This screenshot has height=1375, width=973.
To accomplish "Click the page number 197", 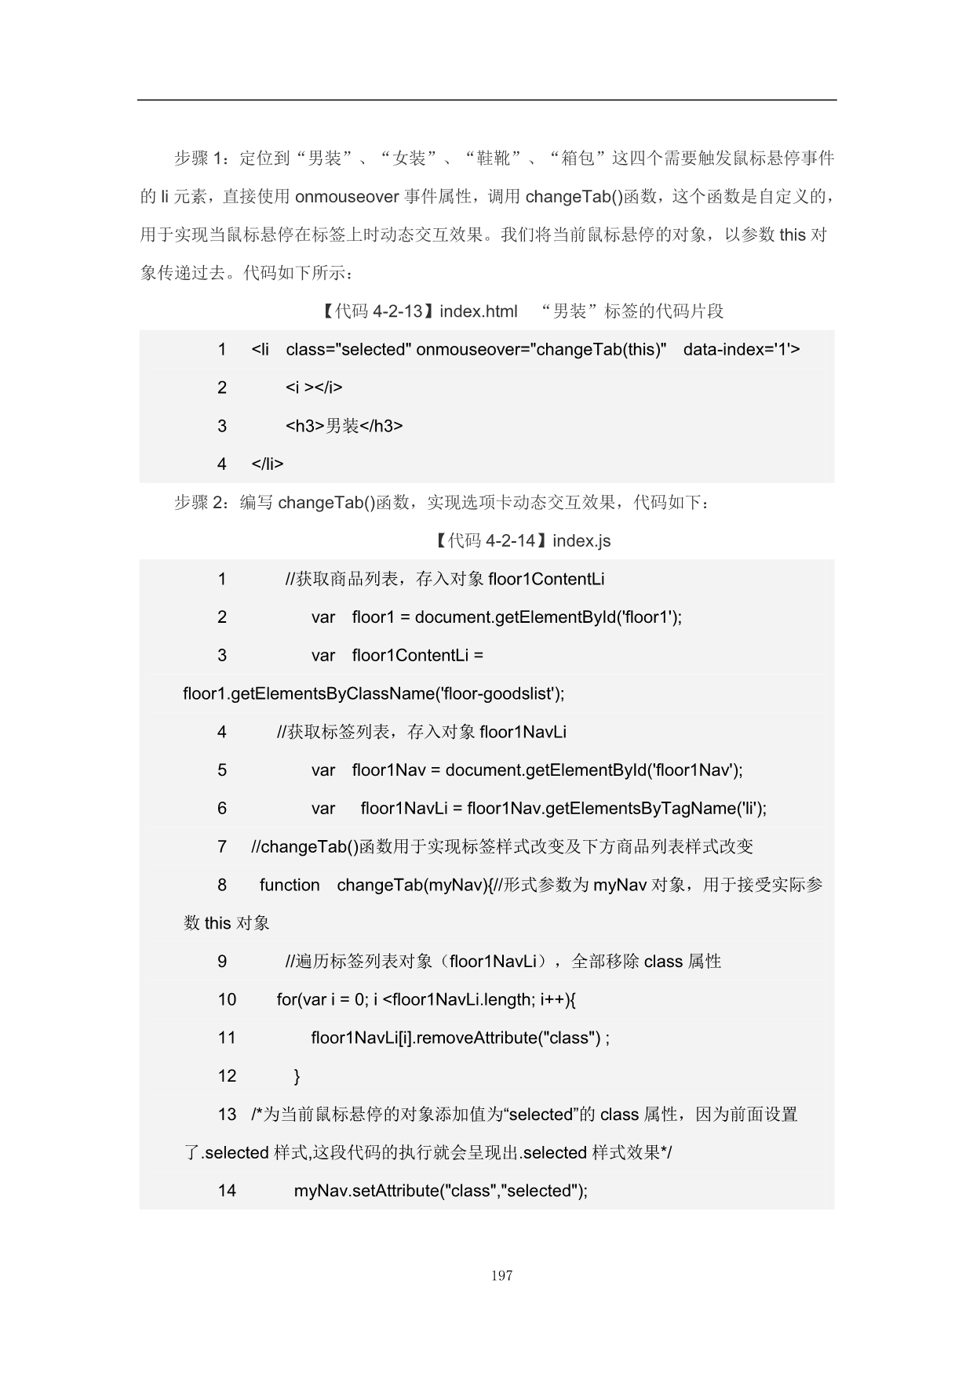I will pyautogui.click(x=501, y=1275).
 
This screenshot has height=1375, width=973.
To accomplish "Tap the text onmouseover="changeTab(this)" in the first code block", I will pyautogui.click(x=541, y=349).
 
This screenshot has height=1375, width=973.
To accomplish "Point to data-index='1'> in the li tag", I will pyautogui.click(x=742, y=349).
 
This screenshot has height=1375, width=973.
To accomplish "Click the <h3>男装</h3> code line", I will pyautogui.click(x=344, y=426).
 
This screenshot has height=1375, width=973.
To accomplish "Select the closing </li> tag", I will pyautogui.click(x=268, y=464).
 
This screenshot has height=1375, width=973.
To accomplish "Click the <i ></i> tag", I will pyautogui.click(x=314, y=387).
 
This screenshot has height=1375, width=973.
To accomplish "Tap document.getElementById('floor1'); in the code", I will pyautogui.click(x=548, y=617).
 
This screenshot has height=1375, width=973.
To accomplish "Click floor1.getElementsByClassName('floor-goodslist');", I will pyautogui.click(x=374, y=693).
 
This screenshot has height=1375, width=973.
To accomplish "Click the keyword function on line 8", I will pyautogui.click(x=290, y=885).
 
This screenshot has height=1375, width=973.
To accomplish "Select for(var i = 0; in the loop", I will pyautogui.click(x=322, y=1000).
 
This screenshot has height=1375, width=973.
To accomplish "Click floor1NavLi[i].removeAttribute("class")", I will pyautogui.click(x=456, y=1038).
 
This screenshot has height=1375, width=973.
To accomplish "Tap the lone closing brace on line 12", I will pyautogui.click(x=297, y=1076).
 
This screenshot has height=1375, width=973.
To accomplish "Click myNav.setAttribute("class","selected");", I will pyautogui.click(x=440, y=1191).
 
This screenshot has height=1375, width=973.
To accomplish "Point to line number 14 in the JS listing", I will pyautogui.click(x=227, y=1191).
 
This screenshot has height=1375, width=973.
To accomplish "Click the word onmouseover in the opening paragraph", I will pyautogui.click(x=347, y=196).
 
